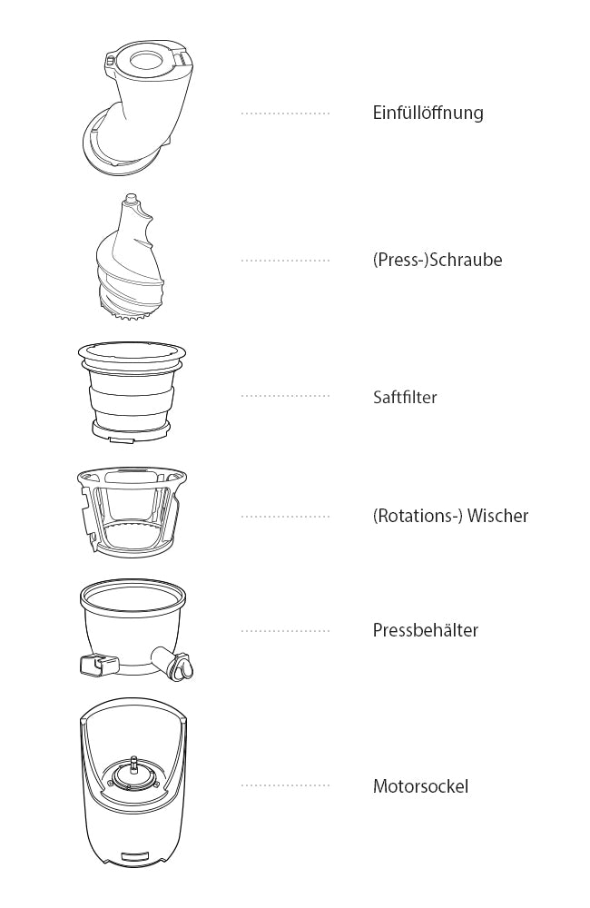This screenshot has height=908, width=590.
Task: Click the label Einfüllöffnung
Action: tap(428, 113)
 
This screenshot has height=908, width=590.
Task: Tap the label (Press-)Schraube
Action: tap(438, 260)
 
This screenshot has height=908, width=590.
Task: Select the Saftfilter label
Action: tap(405, 398)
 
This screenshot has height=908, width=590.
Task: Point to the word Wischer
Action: tap(498, 516)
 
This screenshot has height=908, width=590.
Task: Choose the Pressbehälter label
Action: tap(426, 630)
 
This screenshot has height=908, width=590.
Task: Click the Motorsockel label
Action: tap(421, 786)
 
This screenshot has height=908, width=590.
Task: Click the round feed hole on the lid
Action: tap(149, 61)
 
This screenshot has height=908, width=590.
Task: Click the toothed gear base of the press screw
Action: tap(131, 312)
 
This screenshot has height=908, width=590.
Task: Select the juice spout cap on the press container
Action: tap(184, 666)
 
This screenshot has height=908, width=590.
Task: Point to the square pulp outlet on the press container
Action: tap(93, 665)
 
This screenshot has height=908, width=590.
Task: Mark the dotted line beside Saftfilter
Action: tap(285, 396)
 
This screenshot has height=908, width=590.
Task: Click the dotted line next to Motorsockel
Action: tap(285, 785)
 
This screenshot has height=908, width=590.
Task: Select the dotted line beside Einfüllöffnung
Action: tap(285, 113)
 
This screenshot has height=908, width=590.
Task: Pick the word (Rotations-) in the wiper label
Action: tap(418, 516)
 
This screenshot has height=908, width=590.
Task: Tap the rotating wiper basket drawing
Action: tap(132, 510)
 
